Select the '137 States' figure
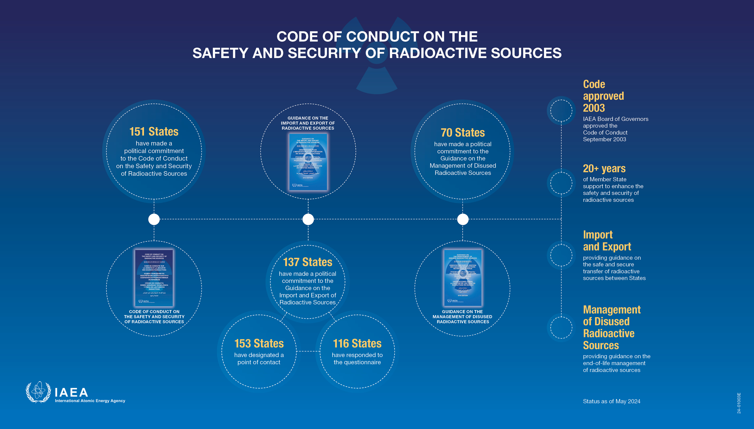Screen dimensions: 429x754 click(x=308, y=262)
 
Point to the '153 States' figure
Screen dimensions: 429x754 click(x=259, y=344)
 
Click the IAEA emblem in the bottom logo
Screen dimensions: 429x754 click(x=38, y=392)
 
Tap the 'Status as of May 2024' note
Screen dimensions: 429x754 click(x=612, y=401)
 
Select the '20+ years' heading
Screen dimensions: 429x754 click(x=604, y=169)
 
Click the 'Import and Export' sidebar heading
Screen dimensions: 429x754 click(x=607, y=241)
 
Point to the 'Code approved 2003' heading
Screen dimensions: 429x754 click(x=603, y=96)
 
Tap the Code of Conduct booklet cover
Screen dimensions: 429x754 click(x=154, y=278)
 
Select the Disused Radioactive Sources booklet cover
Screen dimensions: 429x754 click(x=463, y=278)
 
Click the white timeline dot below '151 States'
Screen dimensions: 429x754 click(x=154, y=219)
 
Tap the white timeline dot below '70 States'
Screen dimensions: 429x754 click(x=463, y=219)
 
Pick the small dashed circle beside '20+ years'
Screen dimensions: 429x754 click(x=561, y=183)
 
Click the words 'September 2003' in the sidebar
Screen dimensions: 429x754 click(x=604, y=139)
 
